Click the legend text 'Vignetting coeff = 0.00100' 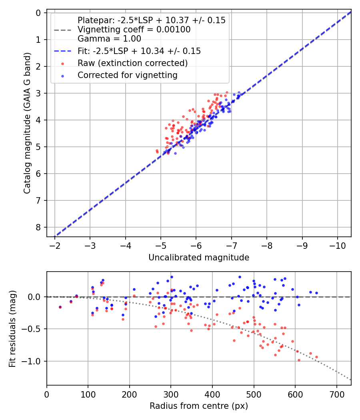pos(134,30)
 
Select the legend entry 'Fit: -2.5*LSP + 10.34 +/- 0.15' pos(139,51)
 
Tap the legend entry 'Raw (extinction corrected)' pos(133,63)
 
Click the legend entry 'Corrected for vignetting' pos(128,75)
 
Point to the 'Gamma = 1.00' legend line pos(109,39)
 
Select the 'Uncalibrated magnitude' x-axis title pos(199,258)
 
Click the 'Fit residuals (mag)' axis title pos(12,329)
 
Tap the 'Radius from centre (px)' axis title pos(199,406)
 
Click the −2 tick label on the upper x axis pos(55,245)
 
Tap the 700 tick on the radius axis pos(336,394)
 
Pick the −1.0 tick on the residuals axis pos(35,361)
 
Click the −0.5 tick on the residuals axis pos(35,329)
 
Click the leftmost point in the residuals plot pos(60,307)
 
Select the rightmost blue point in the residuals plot pos(316,293)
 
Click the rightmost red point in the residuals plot pos(316,357)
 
